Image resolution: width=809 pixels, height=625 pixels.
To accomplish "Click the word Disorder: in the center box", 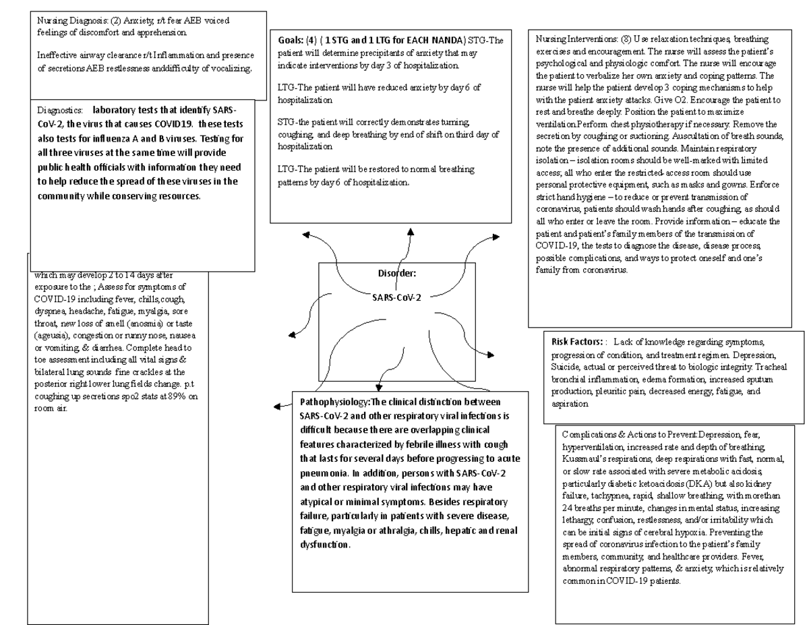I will click(x=396, y=274).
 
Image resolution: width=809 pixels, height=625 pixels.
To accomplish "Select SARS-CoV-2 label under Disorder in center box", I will click(x=396, y=297).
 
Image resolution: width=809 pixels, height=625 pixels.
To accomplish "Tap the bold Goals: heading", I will click(x=291, y=40).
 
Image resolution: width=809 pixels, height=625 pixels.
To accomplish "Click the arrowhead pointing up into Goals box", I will click(x=409, y=231).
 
